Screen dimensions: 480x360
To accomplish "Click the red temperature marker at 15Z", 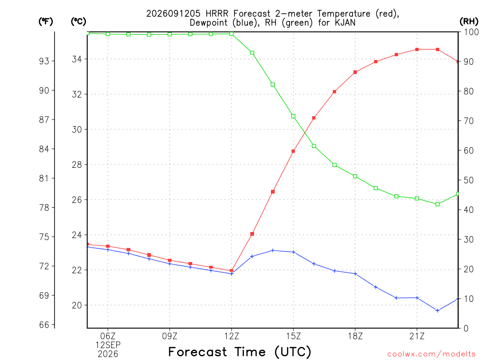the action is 293,151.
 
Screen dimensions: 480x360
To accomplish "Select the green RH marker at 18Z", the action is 355,176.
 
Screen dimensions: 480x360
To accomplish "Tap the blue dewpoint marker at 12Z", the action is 232,274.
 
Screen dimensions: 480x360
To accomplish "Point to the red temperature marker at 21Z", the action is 417,49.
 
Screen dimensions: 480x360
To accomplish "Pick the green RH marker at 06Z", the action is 108,34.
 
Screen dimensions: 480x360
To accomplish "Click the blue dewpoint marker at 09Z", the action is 170,263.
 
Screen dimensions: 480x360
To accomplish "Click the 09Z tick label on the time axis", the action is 170,336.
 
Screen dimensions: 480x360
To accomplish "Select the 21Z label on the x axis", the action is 417,336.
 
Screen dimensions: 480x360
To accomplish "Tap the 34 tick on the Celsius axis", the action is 77,59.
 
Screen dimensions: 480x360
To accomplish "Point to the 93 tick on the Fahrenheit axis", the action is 44,61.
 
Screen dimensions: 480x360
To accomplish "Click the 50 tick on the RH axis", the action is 468,180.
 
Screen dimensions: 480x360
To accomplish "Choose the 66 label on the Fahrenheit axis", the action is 44,325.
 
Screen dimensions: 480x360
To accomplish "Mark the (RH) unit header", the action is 469,22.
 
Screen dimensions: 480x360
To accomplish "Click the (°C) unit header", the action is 78,22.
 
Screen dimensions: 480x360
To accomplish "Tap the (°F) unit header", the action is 45,22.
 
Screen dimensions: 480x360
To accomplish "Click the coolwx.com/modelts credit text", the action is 431,354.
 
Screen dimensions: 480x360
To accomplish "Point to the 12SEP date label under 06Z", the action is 108,345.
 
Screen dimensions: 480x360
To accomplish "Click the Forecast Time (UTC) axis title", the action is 240,352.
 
